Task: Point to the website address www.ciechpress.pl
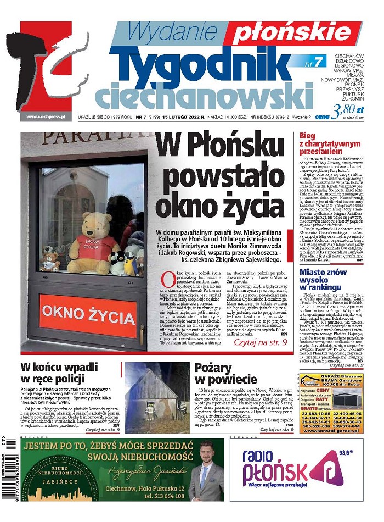click(x=46, y=116)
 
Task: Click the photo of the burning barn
click(x=157, y=397)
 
